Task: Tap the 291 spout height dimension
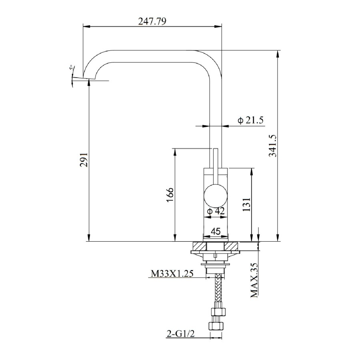pos(84,160)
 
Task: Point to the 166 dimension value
pos(170,195)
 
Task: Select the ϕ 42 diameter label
pos(216,211)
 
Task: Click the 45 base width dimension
pos(216,231)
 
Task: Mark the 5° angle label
pos(71,69)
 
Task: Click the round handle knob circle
pos(216,196)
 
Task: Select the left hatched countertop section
pos(199,246)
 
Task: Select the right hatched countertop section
pos(232,246)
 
